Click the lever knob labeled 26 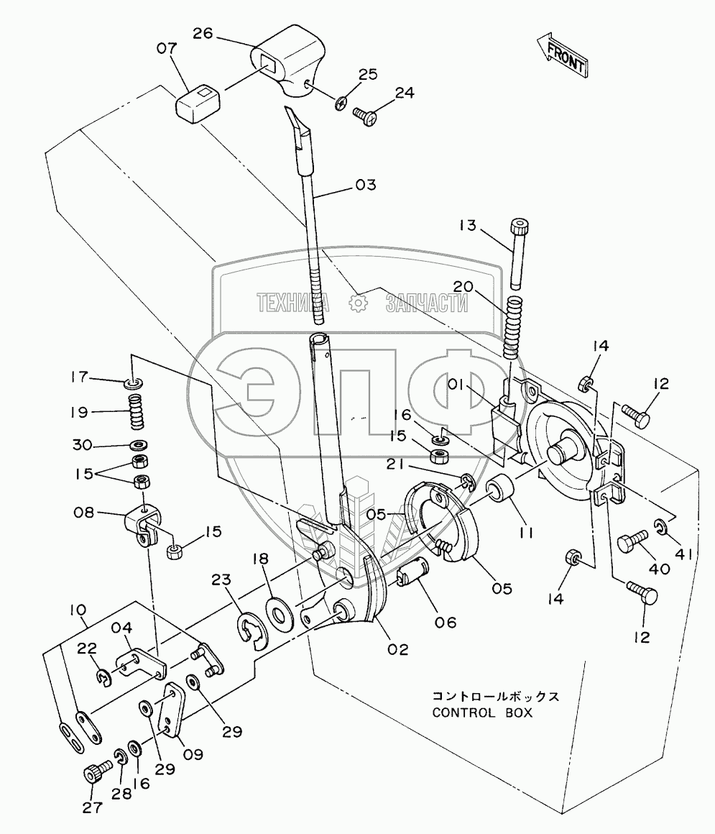287,61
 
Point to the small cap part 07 198,101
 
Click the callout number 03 365,184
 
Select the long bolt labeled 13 519,252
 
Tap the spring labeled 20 512,328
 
